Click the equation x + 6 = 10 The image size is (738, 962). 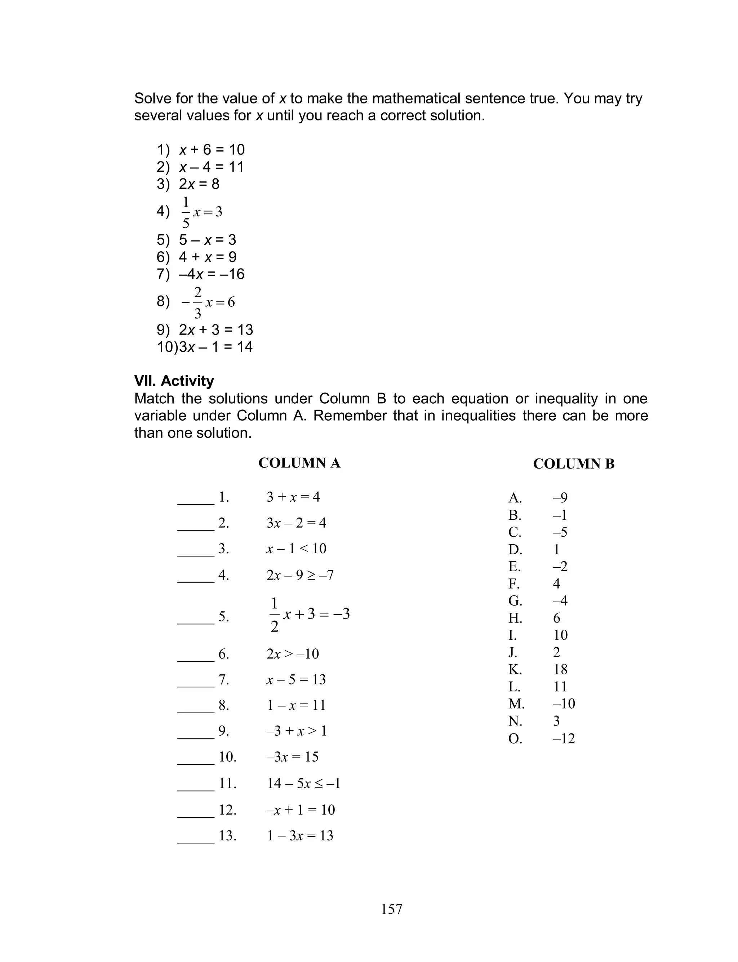tap(212, 150)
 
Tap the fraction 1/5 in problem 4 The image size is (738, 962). tap(186, 213)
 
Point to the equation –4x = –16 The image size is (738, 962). tap(211, 274)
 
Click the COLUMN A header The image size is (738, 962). tap(299, 463)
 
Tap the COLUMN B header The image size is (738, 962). tap(573, 464)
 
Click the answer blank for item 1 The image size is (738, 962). tap(195, 502)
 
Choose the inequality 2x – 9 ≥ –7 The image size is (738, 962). tap(300, 575)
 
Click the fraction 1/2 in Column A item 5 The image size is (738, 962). tap(275, 615)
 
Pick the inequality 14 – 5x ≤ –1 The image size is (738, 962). tap(303, 783)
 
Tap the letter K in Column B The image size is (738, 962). tap(515, 669)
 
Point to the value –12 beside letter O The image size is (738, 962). tap(564, 739)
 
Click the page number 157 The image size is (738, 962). tap(391, 909)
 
